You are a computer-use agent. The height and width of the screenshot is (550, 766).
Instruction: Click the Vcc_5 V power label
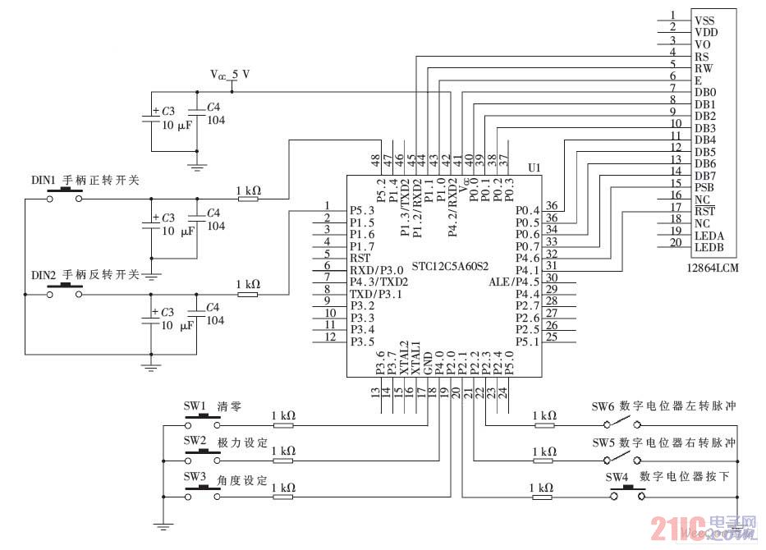pyautogui.click(x=230, y=75)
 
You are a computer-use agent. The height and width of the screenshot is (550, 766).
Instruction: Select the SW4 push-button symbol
pyautogui.click(x=626, y=493)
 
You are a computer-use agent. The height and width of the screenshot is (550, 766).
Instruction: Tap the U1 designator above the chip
pyautogui.click(x=534, y=167)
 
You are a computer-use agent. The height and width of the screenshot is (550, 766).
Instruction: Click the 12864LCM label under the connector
pyautogui.click(x=709, y=268)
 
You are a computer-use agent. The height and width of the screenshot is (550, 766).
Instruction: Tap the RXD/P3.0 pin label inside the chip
pyautogui.click(x=376, y=269)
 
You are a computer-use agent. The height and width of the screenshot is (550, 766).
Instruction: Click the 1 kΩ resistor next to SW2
pyautogui.click(x=282, y=461)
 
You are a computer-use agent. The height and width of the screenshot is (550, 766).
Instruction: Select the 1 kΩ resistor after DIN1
pyautogui.click(x=248, y=199)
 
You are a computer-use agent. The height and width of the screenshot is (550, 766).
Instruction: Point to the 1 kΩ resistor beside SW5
pyautogui.click(x=544, y=461)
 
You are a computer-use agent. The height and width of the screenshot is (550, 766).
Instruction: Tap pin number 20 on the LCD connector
pyautogui.click(x=675, y=242)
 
